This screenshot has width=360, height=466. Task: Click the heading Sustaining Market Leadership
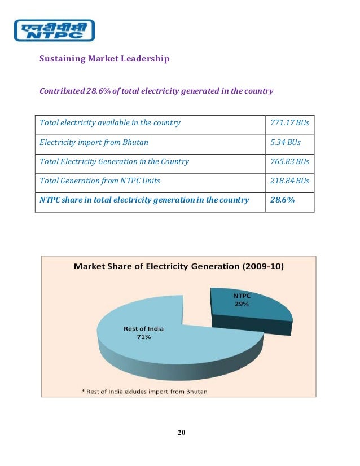click(104, 59)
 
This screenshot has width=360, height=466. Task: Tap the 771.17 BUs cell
click(290, 123)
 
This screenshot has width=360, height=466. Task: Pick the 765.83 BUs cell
click(290, 161)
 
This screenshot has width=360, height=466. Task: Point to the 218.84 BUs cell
click(290, 181)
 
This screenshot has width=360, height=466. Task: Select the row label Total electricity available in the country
click(110, 123)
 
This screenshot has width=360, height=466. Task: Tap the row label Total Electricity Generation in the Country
click(115, 161)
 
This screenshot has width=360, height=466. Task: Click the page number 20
click(181, 433)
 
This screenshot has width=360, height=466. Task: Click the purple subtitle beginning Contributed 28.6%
click(156, 91)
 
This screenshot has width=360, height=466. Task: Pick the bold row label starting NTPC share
click(144, 200)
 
